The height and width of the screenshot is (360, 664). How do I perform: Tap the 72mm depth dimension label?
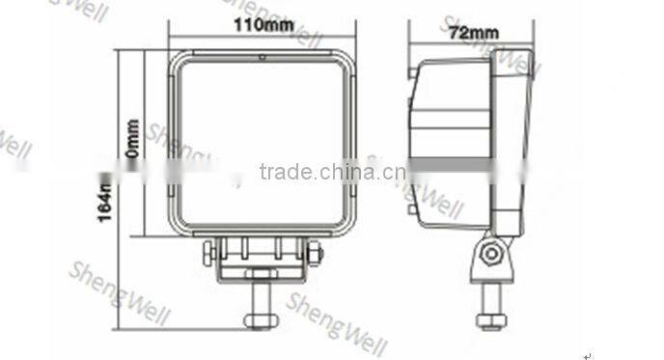(473, 34)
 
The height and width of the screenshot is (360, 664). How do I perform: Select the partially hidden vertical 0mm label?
(131, 140)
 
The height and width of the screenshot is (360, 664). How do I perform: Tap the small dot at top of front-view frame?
(262, 58)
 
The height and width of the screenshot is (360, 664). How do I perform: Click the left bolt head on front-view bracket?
(208, 254)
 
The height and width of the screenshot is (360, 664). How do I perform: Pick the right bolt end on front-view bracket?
(314, 254)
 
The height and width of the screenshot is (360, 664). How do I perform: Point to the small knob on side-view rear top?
(412, 71)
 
